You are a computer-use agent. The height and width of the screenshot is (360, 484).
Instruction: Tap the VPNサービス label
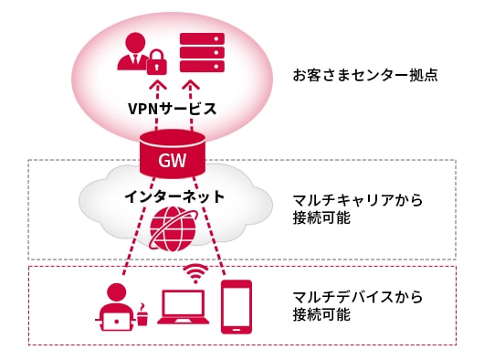pos(172,109)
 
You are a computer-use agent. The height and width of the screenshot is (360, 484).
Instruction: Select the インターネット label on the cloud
pos(173,196)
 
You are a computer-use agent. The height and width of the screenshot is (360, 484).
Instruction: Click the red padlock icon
pos(157,64)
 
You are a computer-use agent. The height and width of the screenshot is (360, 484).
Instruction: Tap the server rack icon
pos(203,55)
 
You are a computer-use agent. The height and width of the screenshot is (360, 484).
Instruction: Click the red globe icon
pos(173,228)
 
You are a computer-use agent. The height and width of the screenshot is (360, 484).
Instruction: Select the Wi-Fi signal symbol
pos(194,271)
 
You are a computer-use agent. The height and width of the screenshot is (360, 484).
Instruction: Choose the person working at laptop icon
pos(116,306)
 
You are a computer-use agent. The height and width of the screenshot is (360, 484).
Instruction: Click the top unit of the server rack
pos(203,39)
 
